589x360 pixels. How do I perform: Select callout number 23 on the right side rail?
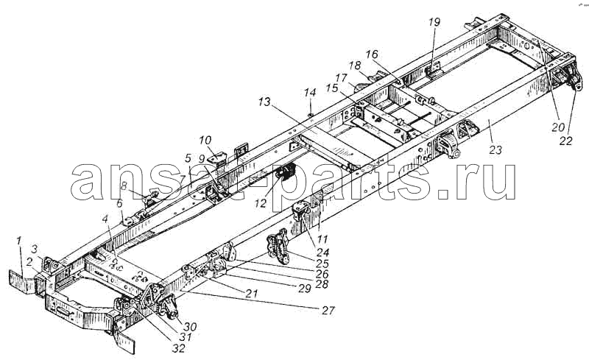pos(495,150)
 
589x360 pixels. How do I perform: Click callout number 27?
pos(327,311)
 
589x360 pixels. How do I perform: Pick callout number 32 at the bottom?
pos(178,348)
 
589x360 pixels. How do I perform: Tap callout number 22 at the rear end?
pos(566,141)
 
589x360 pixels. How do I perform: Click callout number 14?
pos(310,93)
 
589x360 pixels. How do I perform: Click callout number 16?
pos(372,55)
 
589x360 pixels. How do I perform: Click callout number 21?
pos(251,294)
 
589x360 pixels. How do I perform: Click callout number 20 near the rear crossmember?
pos(558,127)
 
